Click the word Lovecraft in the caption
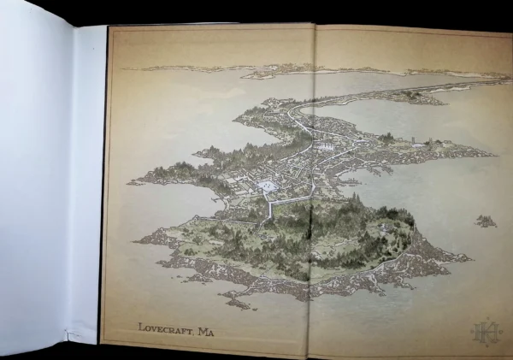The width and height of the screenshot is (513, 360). (x=165, y=327)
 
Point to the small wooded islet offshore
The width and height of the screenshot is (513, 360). (x=486, y=221)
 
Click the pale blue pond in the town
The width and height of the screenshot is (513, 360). (x=267, y=185)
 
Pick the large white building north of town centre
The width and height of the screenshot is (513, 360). (x=324, y=146)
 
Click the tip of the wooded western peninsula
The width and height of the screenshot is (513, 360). (x=132, y=181)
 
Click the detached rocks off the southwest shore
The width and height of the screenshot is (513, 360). (x=235, y=301)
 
